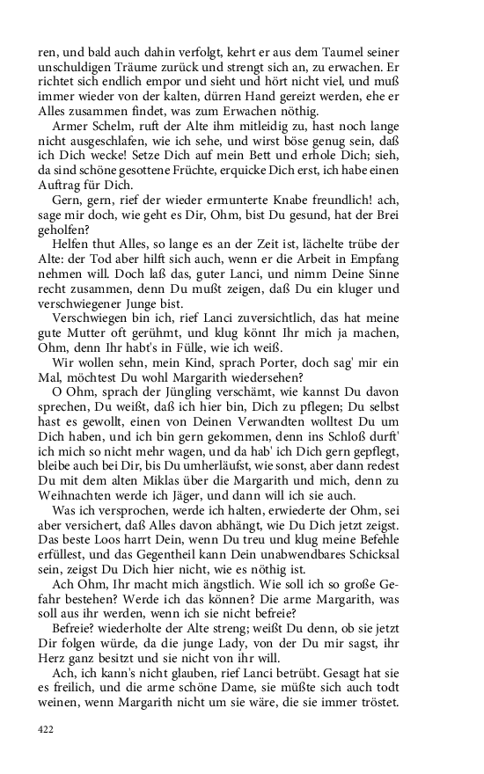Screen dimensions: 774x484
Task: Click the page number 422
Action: [46, 728]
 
